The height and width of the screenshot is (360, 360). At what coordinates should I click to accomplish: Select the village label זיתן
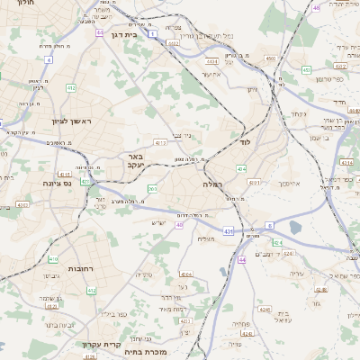(x=252, y=88)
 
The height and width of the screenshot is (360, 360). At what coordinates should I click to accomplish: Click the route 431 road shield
(x=228, y=231)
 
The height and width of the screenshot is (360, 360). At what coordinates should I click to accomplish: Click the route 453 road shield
(x=307, y=69)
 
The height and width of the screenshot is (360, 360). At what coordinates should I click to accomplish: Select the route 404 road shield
(x=241, y=168)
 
